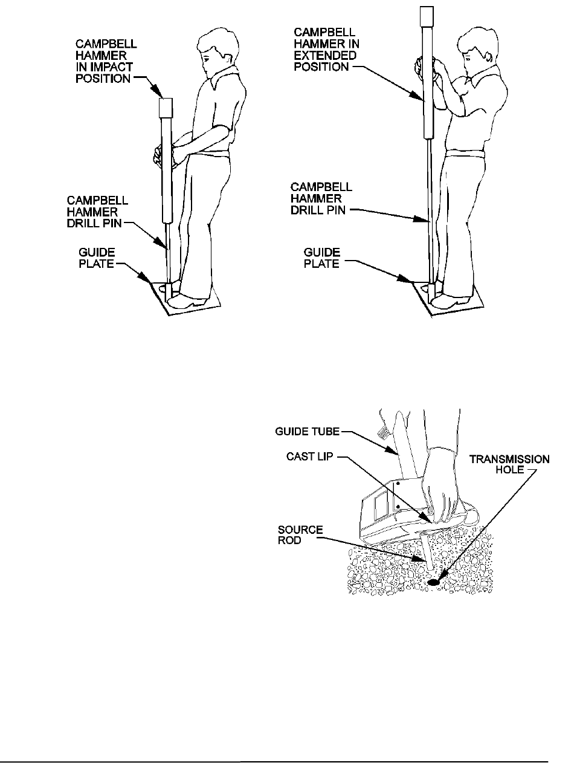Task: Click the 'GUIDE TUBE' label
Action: pyautogui.click(x=307, y=432)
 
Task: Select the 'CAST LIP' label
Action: pyautogui.click(x=309, y=456)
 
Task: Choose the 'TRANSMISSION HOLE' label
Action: pyautogui.click(x=509, y=464)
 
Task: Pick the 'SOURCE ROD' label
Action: pyautogui.click(x=300, y=534)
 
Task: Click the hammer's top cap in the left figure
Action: pyautogui.click(x=166, y=108)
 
